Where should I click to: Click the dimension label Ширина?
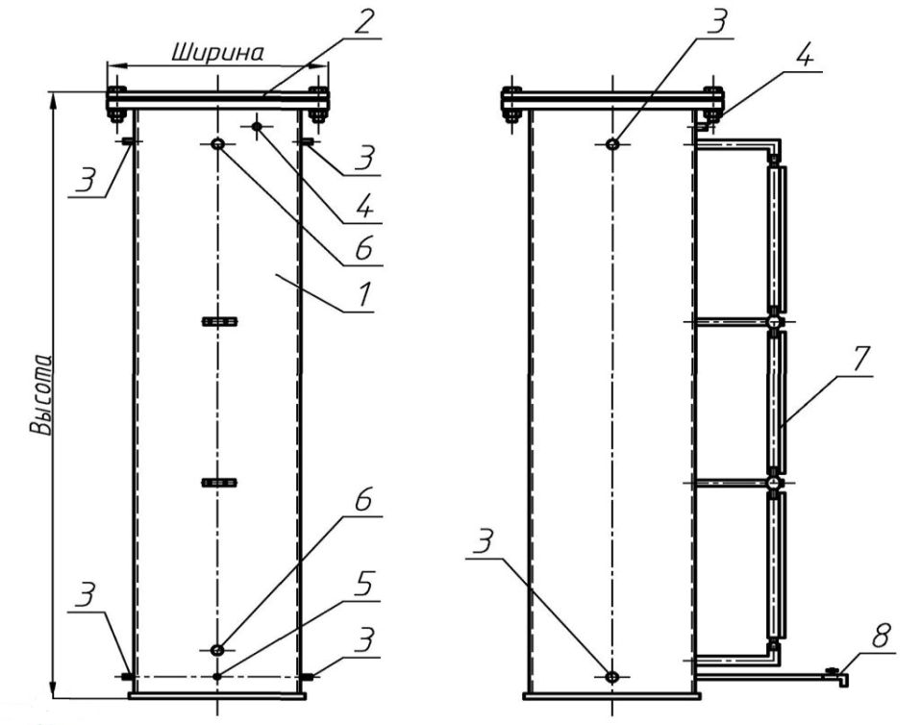(x=217, y=52)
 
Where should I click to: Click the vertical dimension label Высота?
(x=40, y=394)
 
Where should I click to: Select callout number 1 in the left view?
(x=364, y=295)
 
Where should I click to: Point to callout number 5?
(x=363, y=585)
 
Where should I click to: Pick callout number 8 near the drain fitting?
(x=880, y=637)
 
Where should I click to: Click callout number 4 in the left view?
(x=363, y=207)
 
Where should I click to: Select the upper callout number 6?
(x=363, y=249)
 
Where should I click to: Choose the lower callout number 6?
(x=363, y=501)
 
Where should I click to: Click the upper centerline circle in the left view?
(x=218, y=144)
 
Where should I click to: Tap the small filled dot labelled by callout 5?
(x=218, y=677)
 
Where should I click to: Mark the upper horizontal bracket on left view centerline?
(x=220, y=321)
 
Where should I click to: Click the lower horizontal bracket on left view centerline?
(x=220, y=483)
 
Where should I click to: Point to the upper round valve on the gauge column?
(x=775, y=321)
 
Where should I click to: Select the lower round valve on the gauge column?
(x=775, y=483)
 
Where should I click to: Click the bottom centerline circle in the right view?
(x=612, y=677)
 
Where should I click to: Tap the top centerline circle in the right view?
(x=612, y=144)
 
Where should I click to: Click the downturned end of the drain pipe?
(x=843, y=681)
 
